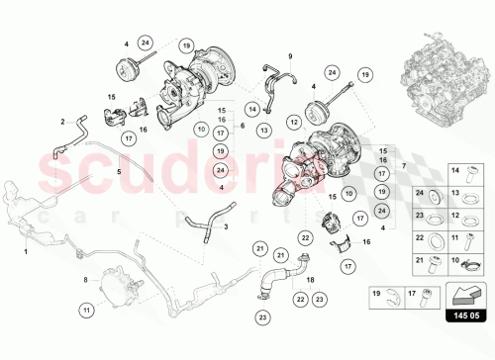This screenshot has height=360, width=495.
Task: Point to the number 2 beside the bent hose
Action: (x=62, y=122)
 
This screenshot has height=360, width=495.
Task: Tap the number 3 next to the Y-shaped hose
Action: (x=226, y=226)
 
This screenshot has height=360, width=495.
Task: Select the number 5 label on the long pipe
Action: (x=118, y=171)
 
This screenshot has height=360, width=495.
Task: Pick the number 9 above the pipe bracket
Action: (x=290, y=55)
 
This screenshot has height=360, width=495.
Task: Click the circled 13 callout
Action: (x=264, y=130)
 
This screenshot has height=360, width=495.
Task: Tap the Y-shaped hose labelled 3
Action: (x=209, y=227)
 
